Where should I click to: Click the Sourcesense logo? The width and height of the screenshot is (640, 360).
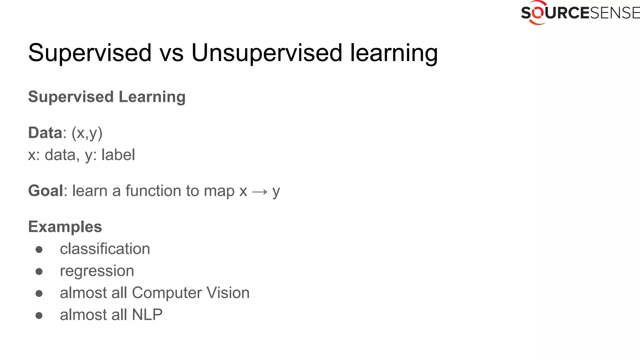[x=580, y=13]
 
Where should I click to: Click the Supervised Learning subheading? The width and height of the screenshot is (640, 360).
[x=107, y=97]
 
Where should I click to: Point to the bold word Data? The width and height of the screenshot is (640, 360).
[x=45, y=132]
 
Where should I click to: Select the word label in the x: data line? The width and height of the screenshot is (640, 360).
[x=118, y=155]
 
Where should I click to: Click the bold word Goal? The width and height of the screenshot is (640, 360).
[x=46, y=191]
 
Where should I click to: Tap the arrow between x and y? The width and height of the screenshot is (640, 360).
[x=260, y=192]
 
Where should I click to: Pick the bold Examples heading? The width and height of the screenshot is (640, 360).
[x=65, y=227]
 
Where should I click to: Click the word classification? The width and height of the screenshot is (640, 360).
[x=105, y=249]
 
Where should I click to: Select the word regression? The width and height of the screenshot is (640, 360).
[x=97, y=271]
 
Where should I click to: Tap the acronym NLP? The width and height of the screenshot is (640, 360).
[x=147, y=315]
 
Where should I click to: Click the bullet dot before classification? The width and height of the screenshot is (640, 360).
[x=39, y=249]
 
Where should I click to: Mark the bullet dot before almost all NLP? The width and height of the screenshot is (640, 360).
[x=39, y=315]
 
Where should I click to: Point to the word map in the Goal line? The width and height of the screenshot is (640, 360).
[x=219, y=191]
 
